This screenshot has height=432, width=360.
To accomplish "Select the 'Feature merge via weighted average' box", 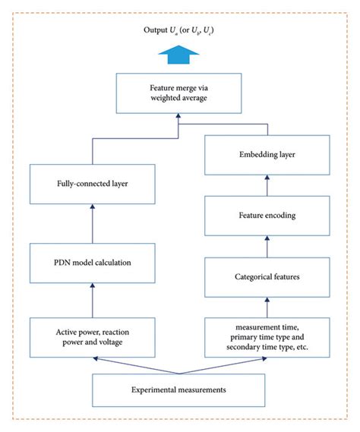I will pos(179,92).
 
